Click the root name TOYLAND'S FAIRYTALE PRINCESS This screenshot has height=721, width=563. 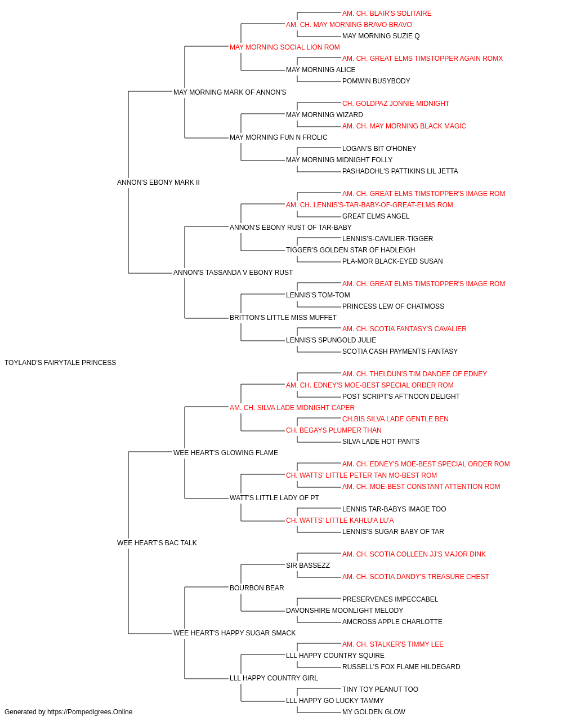click(x=60, y=363)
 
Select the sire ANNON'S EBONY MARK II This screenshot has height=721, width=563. click(x=158, y=183)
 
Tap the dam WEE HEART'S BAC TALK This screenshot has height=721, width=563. click(x=157, y=543)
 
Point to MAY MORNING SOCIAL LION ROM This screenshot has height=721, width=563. click(x=284, y=47)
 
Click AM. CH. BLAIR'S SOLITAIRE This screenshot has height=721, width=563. click(x=387, y=14)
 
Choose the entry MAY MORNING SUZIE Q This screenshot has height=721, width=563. click(x=381, y=36)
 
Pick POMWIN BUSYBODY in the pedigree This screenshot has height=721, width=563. click(x=376, y=81)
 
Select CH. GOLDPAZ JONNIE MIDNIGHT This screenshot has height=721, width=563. click(x=396, y=104)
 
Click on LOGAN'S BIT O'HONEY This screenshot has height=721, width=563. click(x=379, y=149)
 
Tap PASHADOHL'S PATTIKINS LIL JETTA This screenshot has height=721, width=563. click(x=400, y=171)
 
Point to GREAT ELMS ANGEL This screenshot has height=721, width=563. click(x=376, y=216)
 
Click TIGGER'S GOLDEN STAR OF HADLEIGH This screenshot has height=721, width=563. click(x=350, y=250)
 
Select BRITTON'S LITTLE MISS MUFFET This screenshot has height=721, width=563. click(x=283, y=318)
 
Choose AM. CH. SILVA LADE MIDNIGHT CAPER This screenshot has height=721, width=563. click(x=292, y=408)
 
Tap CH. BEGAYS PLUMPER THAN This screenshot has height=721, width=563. click(x=333, y=430)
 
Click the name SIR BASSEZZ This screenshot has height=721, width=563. click(x=308, y=566)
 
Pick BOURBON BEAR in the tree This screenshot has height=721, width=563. click(x=257, y=588)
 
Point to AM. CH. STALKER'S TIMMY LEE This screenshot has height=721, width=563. click(x=392, y=644)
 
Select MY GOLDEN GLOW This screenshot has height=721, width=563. click(x=373, y=712)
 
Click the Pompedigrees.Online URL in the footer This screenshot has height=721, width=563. click(x=90, y=712)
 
